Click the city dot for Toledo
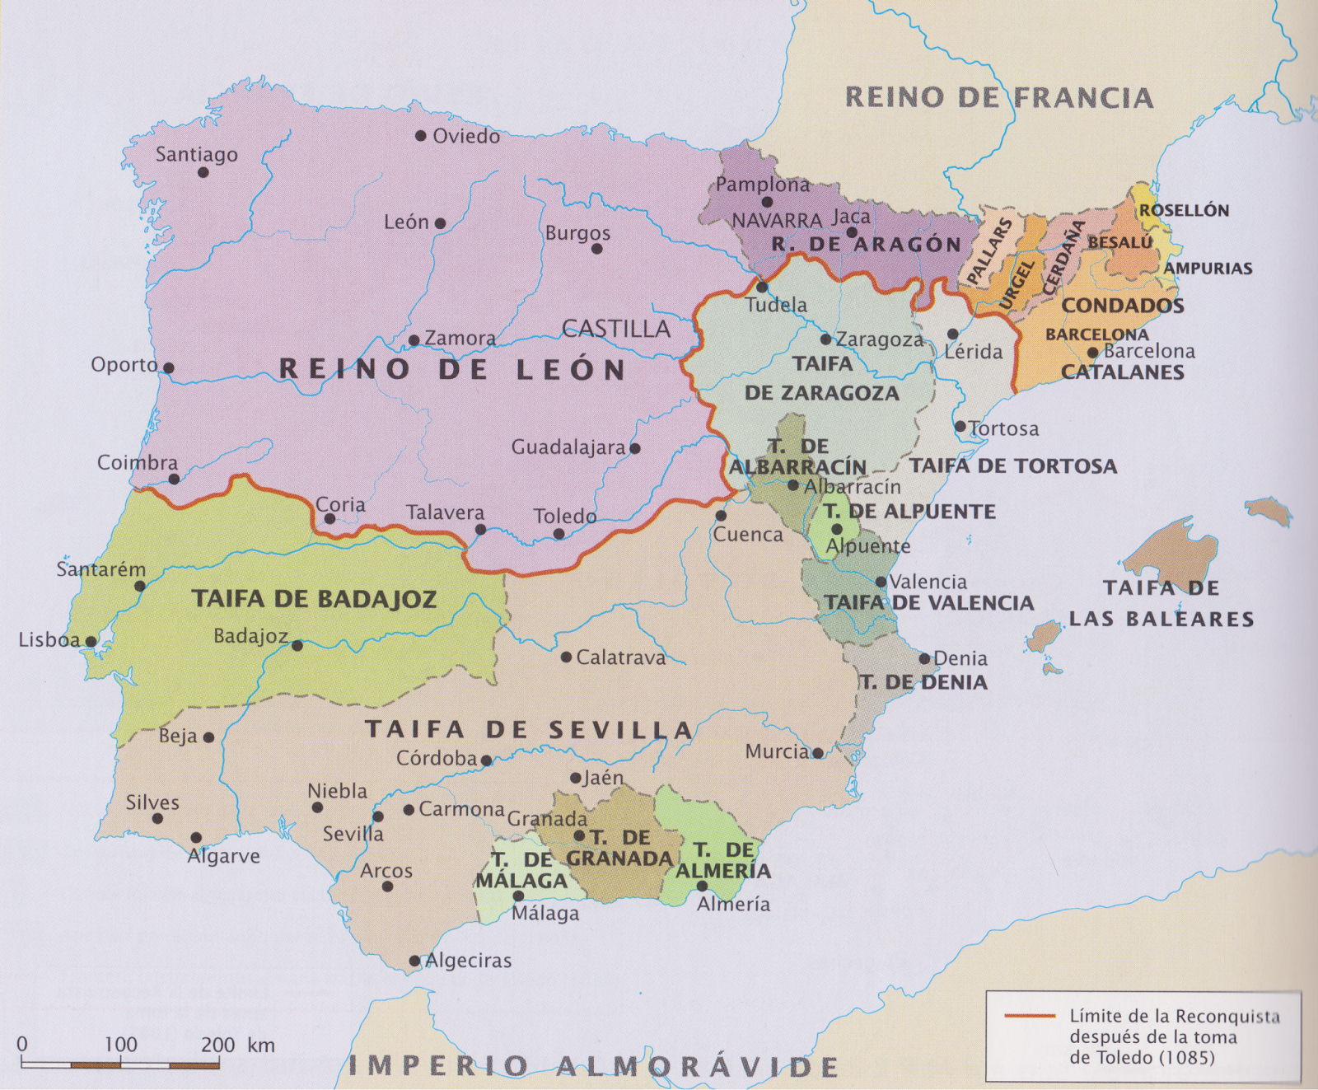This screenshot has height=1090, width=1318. coord(559,534)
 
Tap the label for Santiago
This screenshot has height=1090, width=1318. coord(196,155)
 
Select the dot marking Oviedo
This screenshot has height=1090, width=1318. coord(420,136)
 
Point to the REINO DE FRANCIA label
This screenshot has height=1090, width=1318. coord(998,97)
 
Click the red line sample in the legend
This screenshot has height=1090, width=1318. coord(1030,1016)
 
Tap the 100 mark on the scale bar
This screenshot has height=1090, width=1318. coord(120,1045)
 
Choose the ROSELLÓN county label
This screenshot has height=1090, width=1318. coord(1184,210)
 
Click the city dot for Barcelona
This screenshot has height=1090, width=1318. coord(1092,353)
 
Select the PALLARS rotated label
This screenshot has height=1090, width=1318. coord(988,251)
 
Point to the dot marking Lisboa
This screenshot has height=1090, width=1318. coord(91,641)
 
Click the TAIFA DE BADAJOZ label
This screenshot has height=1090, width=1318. coord(314,599)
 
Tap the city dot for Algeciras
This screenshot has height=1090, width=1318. coord(415,961)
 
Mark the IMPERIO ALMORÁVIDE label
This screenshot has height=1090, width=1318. coord(593,1066)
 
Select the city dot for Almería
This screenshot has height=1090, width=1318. coord(702,887)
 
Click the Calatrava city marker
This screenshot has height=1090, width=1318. coord(566,657)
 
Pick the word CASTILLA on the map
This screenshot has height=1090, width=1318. coord(616,329)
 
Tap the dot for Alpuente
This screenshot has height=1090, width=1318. coord(837,529)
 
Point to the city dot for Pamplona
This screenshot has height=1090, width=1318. coord(767,202)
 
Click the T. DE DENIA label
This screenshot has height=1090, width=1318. coord(923,682)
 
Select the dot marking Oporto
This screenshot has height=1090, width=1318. coord(168,368)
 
